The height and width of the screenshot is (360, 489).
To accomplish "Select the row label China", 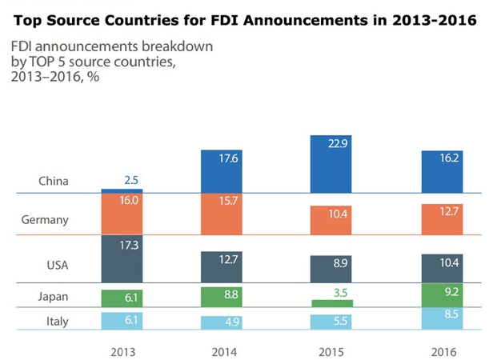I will coord(54,182).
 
